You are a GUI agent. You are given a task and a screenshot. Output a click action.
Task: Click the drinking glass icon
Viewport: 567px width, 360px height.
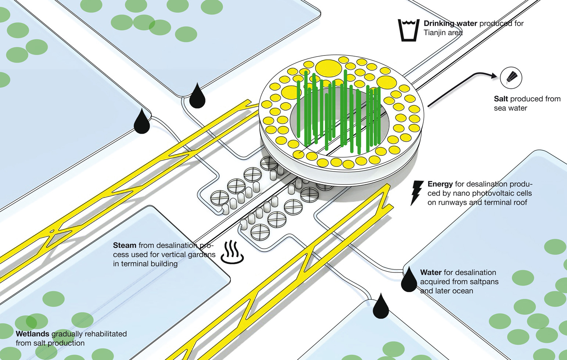click(x=408, y=30)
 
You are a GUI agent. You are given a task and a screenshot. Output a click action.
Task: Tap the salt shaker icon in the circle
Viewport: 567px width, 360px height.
click(x=511, y=78)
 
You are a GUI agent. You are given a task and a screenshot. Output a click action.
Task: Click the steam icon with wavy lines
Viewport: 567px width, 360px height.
click(x=232, y=252)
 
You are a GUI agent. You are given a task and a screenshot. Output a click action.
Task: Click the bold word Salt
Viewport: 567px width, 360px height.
click(x=501, y=99)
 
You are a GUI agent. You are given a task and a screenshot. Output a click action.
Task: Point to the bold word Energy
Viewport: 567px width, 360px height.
click(x=440, y=184)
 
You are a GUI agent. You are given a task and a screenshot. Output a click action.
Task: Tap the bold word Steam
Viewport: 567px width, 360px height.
click(x=125, y=245)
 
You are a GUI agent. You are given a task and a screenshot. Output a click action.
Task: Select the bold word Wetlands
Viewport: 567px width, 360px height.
click(x=32, y=334)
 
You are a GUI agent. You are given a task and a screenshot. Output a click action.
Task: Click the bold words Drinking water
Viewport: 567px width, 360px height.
click(x=450, y=24)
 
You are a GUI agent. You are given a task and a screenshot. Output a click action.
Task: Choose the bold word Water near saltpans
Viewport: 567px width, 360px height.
click(x=431, y=273)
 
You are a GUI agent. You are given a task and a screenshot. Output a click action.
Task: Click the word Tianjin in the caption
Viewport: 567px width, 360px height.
click(x=434, y=33)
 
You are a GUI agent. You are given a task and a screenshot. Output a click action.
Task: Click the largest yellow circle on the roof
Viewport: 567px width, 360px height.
click(x=329, y=68)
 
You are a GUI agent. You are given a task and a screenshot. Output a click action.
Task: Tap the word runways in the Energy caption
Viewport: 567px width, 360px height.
click(x=451, y=202)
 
